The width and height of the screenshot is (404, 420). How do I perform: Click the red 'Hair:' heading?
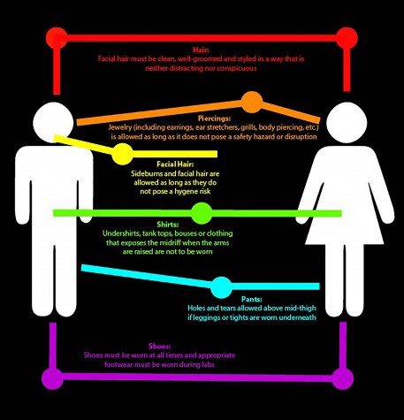point(201,50)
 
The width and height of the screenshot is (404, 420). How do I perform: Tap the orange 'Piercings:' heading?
point(214,118)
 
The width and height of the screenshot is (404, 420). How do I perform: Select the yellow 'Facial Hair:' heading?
point(175,164)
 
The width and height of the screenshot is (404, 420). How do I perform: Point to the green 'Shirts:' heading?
point(168,225)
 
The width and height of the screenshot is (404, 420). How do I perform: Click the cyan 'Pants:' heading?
point(252,300)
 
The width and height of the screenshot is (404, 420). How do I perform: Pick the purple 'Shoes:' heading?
point(160,346)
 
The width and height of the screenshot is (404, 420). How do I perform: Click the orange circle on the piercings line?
point(252,102)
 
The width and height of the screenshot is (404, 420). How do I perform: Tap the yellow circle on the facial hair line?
point(122,154)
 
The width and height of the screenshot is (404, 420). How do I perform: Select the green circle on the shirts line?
point(202,213)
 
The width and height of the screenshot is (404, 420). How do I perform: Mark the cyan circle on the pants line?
point(221,287)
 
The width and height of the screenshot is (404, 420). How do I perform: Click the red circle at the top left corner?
point(57,38)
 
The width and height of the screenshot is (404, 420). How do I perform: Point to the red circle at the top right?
point(347,38)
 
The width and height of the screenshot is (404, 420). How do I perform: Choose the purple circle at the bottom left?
point(53,378)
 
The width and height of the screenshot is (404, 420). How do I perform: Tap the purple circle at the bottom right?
point(343,378)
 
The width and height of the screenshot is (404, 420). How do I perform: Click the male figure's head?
point(53,122)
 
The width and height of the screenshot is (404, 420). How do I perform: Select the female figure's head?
point(347,122)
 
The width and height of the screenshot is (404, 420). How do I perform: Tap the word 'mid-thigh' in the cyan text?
point(300,309)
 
